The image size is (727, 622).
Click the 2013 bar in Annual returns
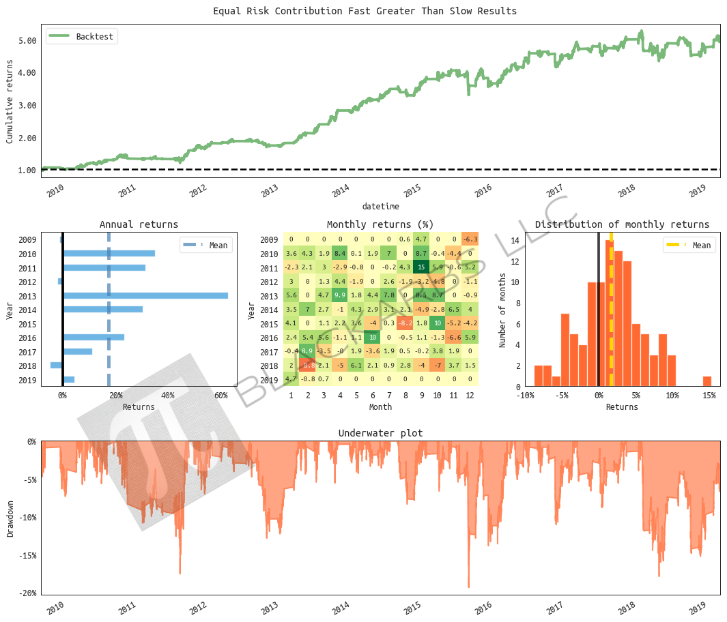145,295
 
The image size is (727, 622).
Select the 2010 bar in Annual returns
109,253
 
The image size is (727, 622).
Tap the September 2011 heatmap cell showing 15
421,267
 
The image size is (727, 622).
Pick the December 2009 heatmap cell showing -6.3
470,239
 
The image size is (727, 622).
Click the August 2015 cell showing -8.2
405,323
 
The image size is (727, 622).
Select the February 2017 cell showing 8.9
307,351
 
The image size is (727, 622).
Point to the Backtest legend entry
82,36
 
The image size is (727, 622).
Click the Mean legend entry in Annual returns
205,246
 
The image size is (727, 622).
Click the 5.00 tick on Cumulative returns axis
27,41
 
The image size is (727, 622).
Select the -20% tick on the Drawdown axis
27,593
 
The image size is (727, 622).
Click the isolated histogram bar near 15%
707,381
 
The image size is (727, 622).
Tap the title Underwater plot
380,433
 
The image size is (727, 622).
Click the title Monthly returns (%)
380,224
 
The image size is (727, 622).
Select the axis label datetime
380,206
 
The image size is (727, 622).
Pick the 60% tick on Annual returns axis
220,396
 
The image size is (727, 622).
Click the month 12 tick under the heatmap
470,396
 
